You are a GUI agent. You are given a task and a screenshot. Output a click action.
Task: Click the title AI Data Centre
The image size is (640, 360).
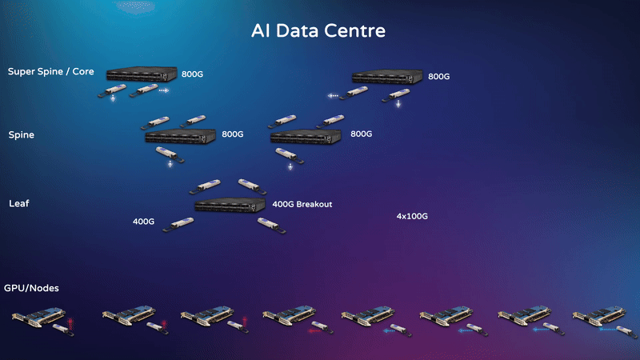point(318,32)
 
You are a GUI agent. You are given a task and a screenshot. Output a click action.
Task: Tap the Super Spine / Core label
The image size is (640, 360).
point(51,72)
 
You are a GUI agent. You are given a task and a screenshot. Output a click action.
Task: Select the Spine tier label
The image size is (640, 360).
point(22,135)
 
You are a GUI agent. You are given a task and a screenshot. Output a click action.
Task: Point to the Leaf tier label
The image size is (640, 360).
point(19,204)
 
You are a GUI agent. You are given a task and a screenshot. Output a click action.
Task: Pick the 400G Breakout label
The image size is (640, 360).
point(302,204)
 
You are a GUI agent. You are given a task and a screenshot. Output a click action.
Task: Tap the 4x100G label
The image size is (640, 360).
point(412,216)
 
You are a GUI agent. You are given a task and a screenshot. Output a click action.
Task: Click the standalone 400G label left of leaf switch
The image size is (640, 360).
point(143,221)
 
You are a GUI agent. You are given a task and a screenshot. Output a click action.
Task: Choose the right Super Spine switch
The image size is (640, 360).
point(388,77)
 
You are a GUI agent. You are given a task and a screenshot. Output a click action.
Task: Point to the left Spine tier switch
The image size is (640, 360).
point(181,136)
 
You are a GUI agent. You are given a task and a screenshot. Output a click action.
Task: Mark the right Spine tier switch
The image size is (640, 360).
point(307,136)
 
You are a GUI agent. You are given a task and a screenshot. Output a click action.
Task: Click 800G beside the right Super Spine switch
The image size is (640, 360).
point(439,77)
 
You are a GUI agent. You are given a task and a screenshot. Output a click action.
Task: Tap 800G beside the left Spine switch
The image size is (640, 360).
point(232,134)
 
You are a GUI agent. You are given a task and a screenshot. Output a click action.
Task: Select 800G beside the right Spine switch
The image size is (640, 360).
point(362,134)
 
